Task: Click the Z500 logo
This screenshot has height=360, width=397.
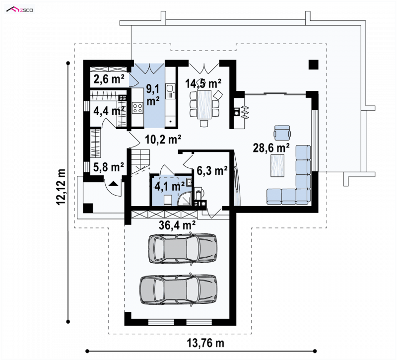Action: tap(19, 9)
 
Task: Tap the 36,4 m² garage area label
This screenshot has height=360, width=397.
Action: tap(177, 225)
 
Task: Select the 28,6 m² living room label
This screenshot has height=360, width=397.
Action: tap(271, 147)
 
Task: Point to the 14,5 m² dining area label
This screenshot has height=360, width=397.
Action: tap(203, 83)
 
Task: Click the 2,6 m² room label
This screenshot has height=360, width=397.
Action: tap(109, 79)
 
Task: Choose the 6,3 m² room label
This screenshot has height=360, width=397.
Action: tap(212, 171)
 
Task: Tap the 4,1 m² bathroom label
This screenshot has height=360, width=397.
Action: tap(169, 187)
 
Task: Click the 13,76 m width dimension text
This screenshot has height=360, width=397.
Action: tap(205, 343)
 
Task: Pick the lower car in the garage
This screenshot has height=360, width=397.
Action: tap(179, 289)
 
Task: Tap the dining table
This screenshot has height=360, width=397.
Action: tap(204, 104)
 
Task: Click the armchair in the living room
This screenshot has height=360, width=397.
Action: tap(282, 133)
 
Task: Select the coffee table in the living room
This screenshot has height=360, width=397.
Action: tap(277, 166)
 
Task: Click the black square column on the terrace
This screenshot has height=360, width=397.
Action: tap(313, 65)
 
